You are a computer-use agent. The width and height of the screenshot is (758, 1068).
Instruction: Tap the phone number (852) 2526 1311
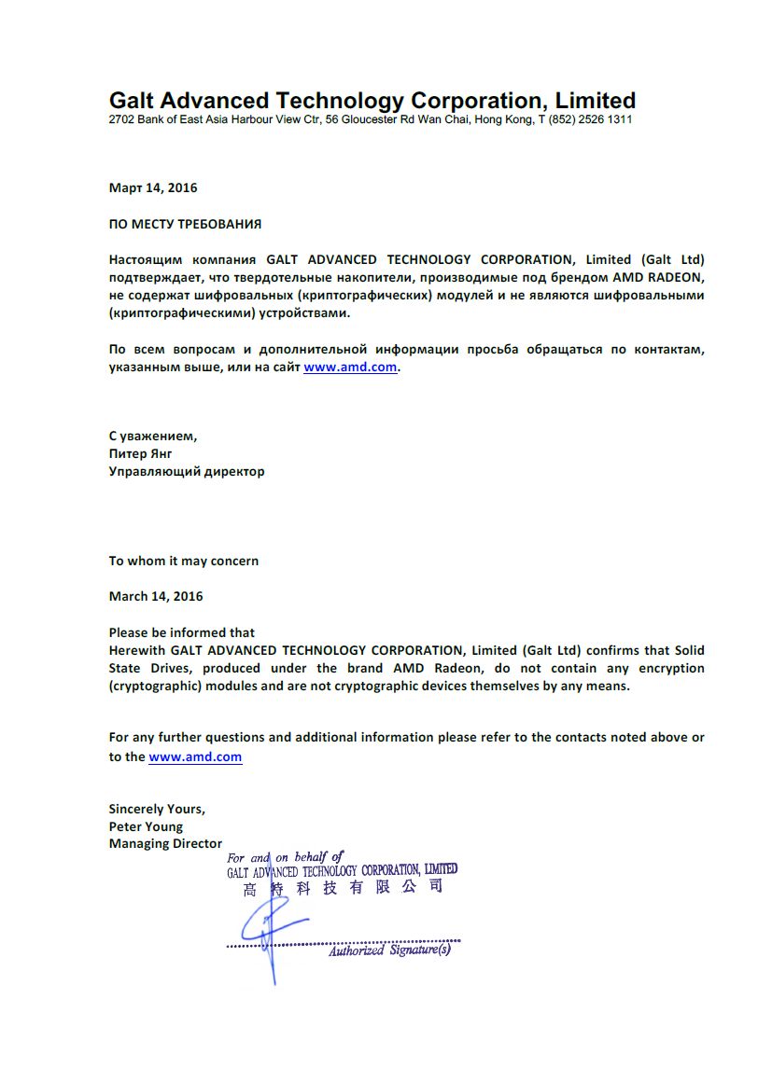(x=591, y=120)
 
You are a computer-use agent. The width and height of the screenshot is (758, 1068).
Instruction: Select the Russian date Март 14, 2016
(x=153, y=187)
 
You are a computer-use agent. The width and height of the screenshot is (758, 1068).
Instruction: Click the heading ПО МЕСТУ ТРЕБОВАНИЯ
(x=185, y=224)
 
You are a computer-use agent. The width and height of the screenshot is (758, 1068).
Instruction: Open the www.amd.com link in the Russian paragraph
(x=351, y=368)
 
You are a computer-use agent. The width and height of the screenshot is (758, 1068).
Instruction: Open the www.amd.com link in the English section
(x=195, y=756)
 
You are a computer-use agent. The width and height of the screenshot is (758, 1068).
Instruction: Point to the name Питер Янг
(x=140, y=453)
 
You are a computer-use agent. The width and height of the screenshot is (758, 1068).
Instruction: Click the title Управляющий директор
(x=187, y=471)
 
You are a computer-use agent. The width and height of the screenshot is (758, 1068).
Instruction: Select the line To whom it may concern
(x=184, y=561)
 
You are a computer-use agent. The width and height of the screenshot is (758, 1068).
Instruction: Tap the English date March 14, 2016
(x=156, y=596)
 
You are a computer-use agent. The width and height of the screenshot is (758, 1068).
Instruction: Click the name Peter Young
(x=146, y=826)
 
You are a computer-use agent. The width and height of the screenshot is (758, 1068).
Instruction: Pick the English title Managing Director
(x=165, y=844)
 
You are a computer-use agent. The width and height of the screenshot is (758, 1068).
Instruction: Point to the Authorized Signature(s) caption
(x=389, y=950)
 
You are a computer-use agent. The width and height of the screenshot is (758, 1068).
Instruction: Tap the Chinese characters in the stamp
(x=343, y=888)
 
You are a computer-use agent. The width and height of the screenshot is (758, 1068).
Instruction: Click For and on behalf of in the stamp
(x=286, y=857)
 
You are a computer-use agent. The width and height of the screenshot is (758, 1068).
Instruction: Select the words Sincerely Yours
(x=157, y=809)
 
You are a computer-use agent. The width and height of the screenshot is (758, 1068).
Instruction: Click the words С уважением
(x=153, y=436)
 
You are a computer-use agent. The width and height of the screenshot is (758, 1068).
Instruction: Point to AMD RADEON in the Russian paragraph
(x=657, y=278)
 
